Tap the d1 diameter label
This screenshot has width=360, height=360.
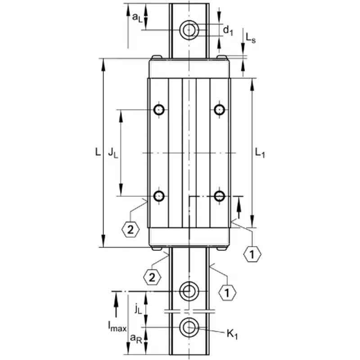tap(228, 31)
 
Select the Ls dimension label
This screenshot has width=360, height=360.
tap(251, 38)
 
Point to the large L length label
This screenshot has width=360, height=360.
tap(98, 152)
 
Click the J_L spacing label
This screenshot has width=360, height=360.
tap(113, 153)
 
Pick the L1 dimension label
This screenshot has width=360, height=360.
tap(260, 153)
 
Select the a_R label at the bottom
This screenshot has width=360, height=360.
tap(136, 338)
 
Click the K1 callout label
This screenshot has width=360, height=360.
tap(232, 334)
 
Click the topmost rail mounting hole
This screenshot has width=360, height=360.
tap(189, 30)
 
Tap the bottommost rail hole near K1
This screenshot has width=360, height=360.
tap(189, 328)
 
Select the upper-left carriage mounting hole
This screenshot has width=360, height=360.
tap(159, 110)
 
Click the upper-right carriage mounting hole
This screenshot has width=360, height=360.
tap(220, 109)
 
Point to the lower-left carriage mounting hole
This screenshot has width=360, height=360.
tap(159, 196)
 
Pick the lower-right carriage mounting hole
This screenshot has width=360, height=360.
tap(220, 196)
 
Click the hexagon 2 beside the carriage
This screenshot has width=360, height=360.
tap(130, 229)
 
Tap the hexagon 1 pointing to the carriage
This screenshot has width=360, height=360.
tap(252, 254)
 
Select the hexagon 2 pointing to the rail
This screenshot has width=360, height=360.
tap(152, 277)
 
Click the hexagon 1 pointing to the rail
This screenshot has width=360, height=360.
tap(227, 293)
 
